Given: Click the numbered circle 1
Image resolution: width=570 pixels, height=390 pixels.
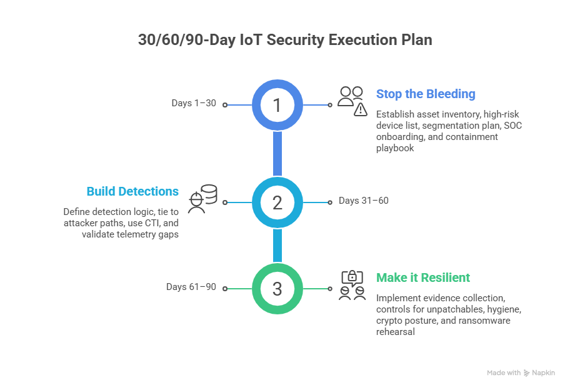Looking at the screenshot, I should pos(277,105).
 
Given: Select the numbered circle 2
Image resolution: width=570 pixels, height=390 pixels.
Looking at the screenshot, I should pos(277,202).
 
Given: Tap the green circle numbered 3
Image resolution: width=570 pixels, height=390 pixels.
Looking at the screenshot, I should pos(277,288).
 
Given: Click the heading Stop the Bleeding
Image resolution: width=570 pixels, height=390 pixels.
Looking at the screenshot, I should pos(425,94).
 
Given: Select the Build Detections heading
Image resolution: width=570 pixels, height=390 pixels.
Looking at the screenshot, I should pos(132,191).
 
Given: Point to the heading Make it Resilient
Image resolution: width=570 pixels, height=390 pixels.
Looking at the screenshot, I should pos(422,277).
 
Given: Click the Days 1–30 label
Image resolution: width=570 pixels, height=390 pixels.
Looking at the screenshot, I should pos(194,103).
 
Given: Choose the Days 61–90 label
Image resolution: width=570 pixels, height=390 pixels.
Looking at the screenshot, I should pos(191,287).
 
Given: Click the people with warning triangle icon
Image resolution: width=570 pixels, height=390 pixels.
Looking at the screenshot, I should pos(352,101).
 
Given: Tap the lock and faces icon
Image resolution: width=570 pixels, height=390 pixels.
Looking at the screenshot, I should pos(352,285).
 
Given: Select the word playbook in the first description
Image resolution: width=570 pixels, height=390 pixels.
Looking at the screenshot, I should pos(395,149).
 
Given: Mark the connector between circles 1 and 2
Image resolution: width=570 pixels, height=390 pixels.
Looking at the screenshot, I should pos(277,154).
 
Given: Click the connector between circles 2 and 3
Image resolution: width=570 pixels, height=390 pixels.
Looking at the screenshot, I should pos(277,245).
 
